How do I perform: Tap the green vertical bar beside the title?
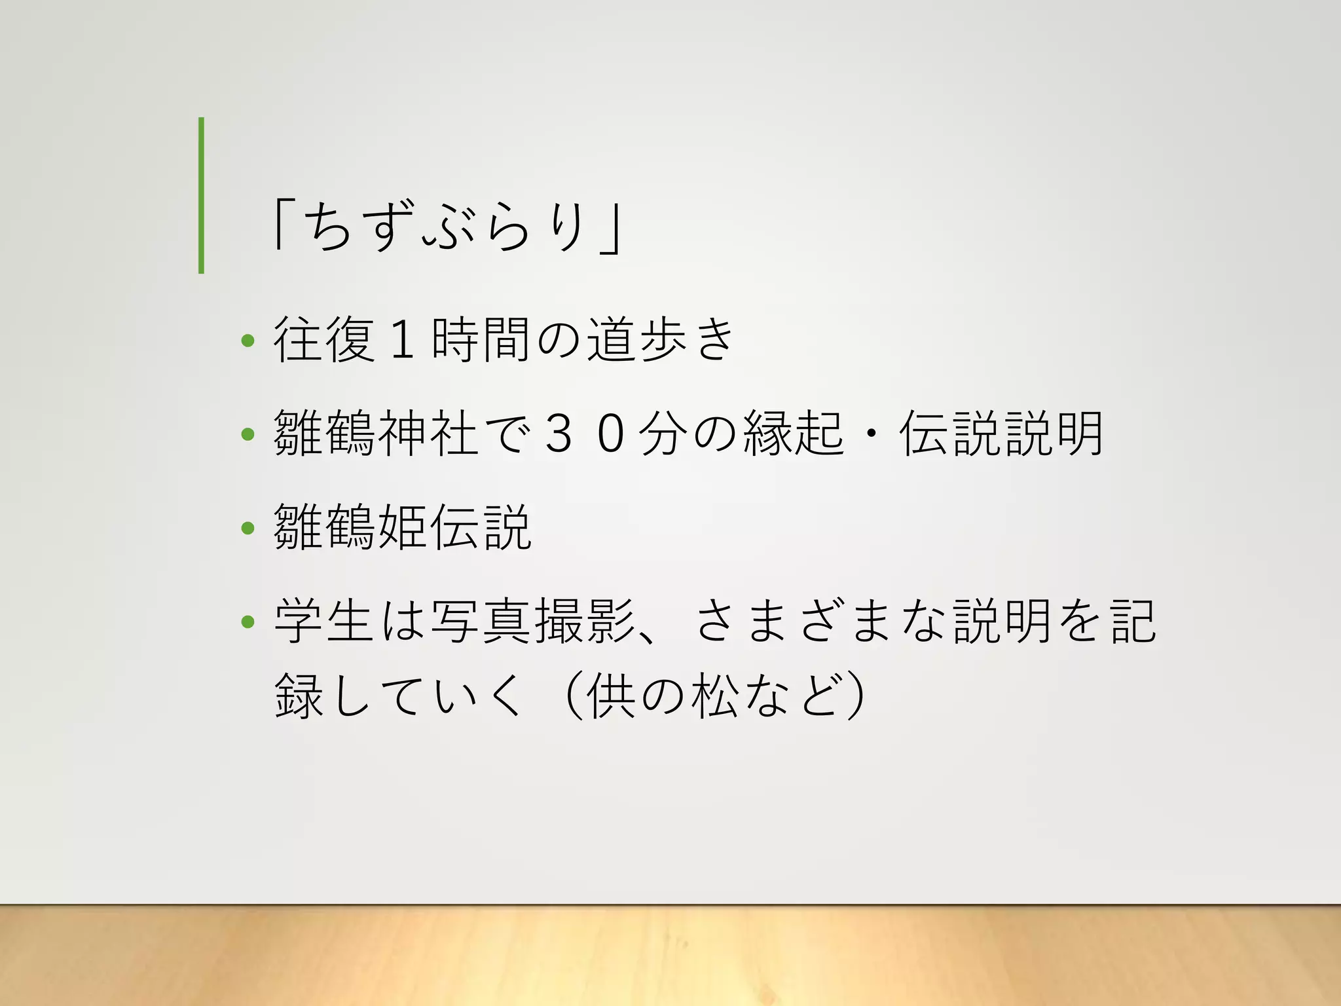(201, 195)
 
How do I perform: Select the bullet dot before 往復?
(248, 341)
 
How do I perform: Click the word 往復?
(324, 339)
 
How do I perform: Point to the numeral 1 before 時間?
(402, 339)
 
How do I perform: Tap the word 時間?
(481, 339)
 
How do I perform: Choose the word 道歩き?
(661, 339)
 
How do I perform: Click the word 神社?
(428, 433)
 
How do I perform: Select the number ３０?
(585, 434)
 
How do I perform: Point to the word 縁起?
(794, 433)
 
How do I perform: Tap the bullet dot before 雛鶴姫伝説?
(248, 527)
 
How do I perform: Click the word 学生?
(324, 621)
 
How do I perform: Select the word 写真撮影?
(532, 621)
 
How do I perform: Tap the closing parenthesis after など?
(855, 696)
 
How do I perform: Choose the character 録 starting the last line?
(299, 696)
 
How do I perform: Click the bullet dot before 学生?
(248, 621)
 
